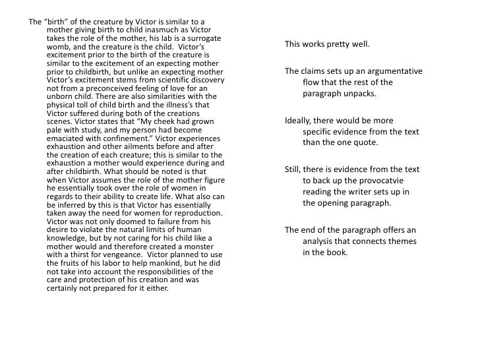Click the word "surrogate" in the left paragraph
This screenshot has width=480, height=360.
(x=202, y=39)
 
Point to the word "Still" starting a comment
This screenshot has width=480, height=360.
(x=293, y=169)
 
